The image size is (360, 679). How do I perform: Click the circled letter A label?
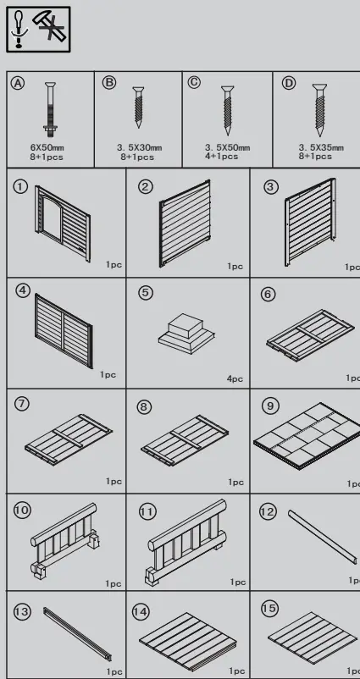(x=17, y=83)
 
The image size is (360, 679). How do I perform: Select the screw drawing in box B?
(x=138, y=108)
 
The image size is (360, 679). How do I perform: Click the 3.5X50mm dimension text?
(x=227, y=147)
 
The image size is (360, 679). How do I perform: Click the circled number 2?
(x=146, y=186)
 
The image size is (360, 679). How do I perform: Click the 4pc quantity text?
(x=235, y=379)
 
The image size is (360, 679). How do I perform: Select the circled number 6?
(x=269, y=294)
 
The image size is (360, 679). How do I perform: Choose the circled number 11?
(x=147, y=512)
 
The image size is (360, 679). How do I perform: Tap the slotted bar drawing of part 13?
(x=77, y=632)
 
